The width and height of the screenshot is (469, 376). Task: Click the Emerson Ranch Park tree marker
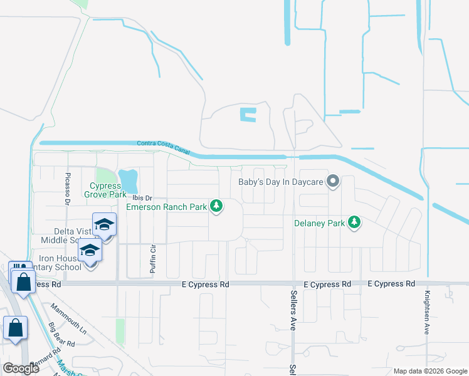click(217, 206)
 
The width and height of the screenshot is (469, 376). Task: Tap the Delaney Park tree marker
click(355, 222)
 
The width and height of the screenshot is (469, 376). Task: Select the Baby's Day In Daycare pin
click(334, 182)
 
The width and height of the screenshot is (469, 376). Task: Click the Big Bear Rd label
click(62, 335)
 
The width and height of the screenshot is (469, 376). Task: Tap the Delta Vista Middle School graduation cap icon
click(104, 225)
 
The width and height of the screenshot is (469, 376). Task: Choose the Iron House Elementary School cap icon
click(90, 251)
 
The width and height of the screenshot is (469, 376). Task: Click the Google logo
click(21, 368)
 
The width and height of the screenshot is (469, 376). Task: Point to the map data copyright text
click(431, 371)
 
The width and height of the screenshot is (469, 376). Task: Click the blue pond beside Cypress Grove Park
click(129, 181)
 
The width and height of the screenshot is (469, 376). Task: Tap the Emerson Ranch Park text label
click(167, 206)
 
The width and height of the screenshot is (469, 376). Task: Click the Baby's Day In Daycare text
click(280, 183)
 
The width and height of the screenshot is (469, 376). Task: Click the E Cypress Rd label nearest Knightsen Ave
click(391, 284)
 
